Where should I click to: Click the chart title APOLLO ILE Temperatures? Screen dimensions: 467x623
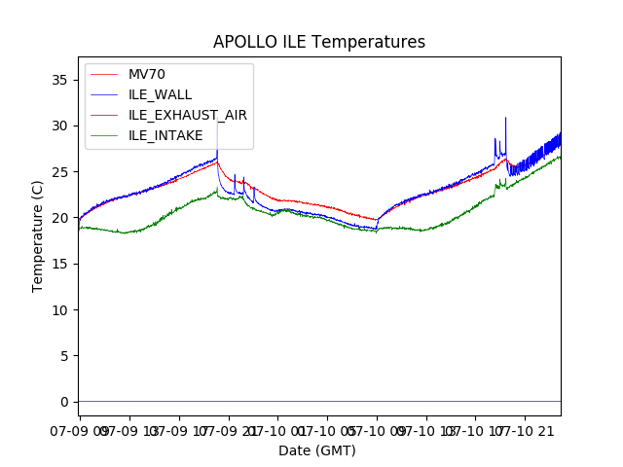pyautogui.click(x=319, y=43)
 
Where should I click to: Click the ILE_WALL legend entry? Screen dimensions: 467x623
pyautogui.click(x=160, y=94)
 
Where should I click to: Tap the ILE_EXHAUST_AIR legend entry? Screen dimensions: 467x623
pyautogui.click(x=187, y=115)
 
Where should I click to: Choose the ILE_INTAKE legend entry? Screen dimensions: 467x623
pyautogui.click(x=165, y=135)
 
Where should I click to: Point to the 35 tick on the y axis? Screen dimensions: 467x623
pyautogui.click(x=64, y=80)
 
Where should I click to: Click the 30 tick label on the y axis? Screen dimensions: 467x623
pyautogui.click(x=64, y=126)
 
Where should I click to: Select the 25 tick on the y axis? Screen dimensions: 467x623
pyautogui.click(x=64, y=172)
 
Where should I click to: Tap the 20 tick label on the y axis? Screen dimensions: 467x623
pyautogui.click(x=64, y=218)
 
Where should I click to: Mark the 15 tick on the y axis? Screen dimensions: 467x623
pyautogui.click(x=64, y=264)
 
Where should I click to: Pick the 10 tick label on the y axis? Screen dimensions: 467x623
pyautogui.click(x=64, y=310)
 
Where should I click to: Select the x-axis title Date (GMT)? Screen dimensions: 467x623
pyautogui.click(x=317, y=450)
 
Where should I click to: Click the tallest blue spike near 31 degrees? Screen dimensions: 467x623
pyautogui.click(x=505, y=119)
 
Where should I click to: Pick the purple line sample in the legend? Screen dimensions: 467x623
pyautogui.click(x=104, y=115)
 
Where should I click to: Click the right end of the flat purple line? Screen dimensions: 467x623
pyautogui.click(x=560, y=401)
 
